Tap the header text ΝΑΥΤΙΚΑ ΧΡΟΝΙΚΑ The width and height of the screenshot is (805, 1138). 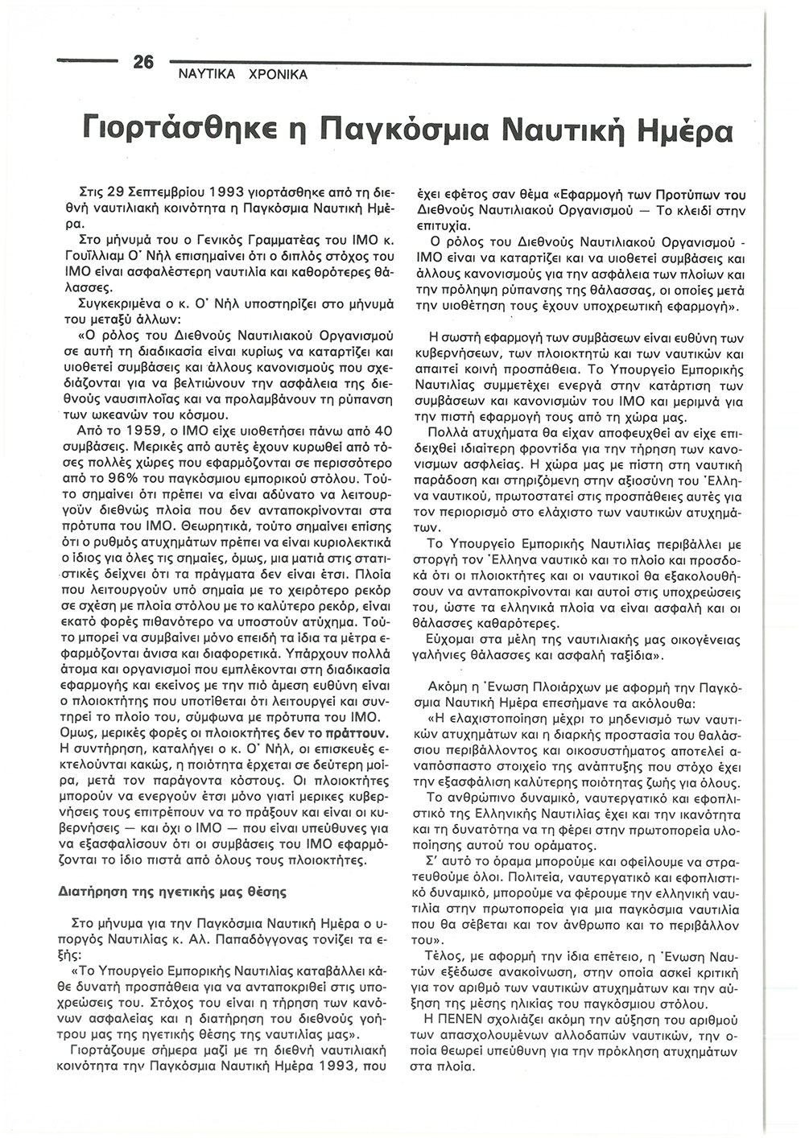pos(237,75)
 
